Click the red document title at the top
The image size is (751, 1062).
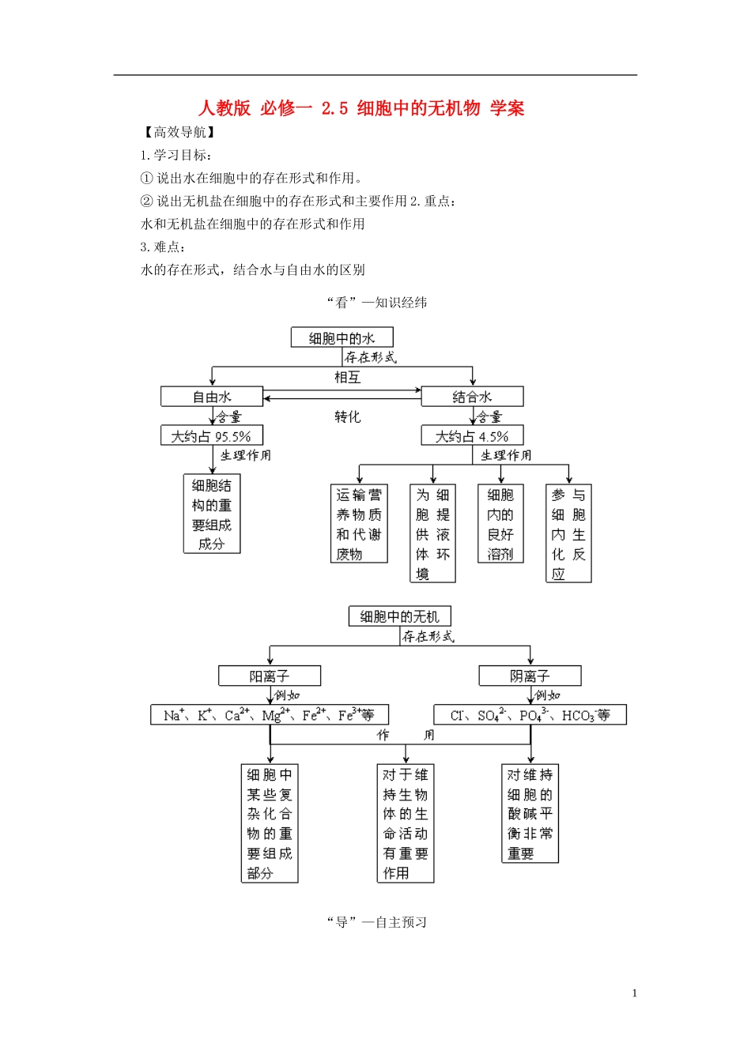pos(360,108)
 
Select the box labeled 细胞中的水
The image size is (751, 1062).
pos(342,338)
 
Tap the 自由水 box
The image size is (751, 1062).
pos(211,397)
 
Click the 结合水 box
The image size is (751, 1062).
pos(472,397)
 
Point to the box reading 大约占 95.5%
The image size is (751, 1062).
pos(211,436)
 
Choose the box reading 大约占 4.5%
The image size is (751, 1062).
pos(472,436)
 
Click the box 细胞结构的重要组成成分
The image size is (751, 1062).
pos(212,514)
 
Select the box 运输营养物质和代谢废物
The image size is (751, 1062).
pos(359,524)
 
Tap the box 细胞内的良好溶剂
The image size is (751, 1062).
pos(500,524)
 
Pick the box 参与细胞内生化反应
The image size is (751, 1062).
pos(568,533)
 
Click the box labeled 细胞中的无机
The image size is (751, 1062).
pos(399,616)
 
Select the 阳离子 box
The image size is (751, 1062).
pos(270,676)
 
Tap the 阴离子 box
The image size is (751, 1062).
pos(530,676)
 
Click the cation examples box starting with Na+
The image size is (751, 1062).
pos(270,715)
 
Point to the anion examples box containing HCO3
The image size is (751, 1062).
pos(530,715)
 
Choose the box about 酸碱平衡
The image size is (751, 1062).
pos(530,813)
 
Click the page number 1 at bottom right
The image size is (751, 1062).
pos(634,993)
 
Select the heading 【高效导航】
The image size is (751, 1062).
pos(179,132)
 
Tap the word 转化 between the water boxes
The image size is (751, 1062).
pos(347,416)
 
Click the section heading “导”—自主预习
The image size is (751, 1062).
pos(376,922)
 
